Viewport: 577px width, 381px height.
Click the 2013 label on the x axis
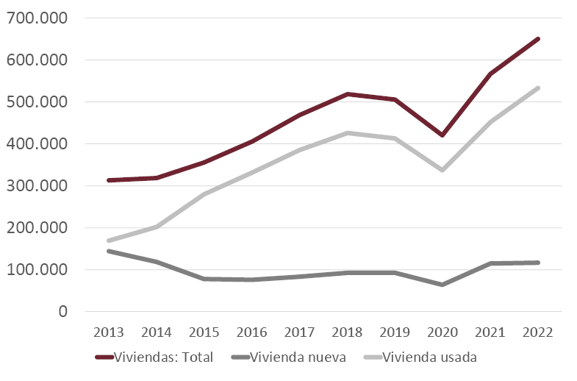(109, 332)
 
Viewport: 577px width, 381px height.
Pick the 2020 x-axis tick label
(442, 332)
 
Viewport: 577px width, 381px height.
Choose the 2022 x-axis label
(538, 332)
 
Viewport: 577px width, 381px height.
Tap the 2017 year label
(300, 332)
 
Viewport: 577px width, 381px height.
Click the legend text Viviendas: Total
(167, 357)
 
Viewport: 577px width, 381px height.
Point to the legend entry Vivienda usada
(426, 357)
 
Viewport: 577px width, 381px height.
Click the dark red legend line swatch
(107, 358)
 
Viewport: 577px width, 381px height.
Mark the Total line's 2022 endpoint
(538, 39)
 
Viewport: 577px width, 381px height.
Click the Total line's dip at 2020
(442, 135)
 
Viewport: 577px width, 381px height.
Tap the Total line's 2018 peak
(347, 94)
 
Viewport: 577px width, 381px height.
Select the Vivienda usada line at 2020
(442, 170)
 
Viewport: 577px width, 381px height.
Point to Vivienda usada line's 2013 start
(109, 241)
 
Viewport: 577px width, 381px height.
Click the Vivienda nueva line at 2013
(109, 251)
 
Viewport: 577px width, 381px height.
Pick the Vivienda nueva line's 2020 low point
(442, 285)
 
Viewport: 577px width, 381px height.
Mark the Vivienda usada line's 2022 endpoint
(538, 88)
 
